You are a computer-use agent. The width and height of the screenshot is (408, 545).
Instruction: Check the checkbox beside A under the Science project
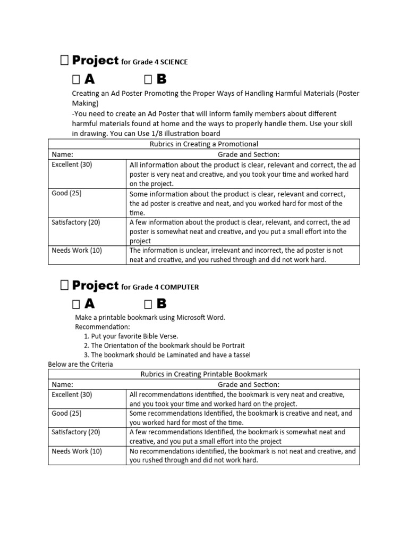(75, 80)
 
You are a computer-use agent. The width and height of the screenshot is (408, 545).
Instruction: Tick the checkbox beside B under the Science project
(148, 80)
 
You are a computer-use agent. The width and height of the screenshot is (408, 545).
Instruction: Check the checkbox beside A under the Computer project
(75, 304)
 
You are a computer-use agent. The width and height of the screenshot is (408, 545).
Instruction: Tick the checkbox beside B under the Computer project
(148, 304)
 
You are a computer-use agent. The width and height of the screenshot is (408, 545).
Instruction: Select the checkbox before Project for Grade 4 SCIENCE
(64, 61)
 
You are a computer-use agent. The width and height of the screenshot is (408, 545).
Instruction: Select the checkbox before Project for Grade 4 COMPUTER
(64, 286)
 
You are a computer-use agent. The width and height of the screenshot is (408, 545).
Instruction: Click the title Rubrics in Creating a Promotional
(204, 144)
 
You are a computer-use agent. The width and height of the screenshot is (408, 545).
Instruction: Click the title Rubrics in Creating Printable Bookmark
(204, 374)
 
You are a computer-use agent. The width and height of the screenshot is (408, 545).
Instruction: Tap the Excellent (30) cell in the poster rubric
(72, 164)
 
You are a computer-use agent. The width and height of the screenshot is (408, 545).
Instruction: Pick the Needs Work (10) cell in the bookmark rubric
(76, 451)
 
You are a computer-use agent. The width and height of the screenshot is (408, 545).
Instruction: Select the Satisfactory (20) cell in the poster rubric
(75, 222)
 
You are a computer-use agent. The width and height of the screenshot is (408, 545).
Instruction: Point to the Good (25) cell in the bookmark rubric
(66, 413)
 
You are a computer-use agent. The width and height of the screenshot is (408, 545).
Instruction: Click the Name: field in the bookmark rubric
(62, 384)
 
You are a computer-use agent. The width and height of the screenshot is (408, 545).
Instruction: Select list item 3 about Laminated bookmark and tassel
(167, 355)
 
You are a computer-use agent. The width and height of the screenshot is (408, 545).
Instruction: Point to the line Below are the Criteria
(80, 364)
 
